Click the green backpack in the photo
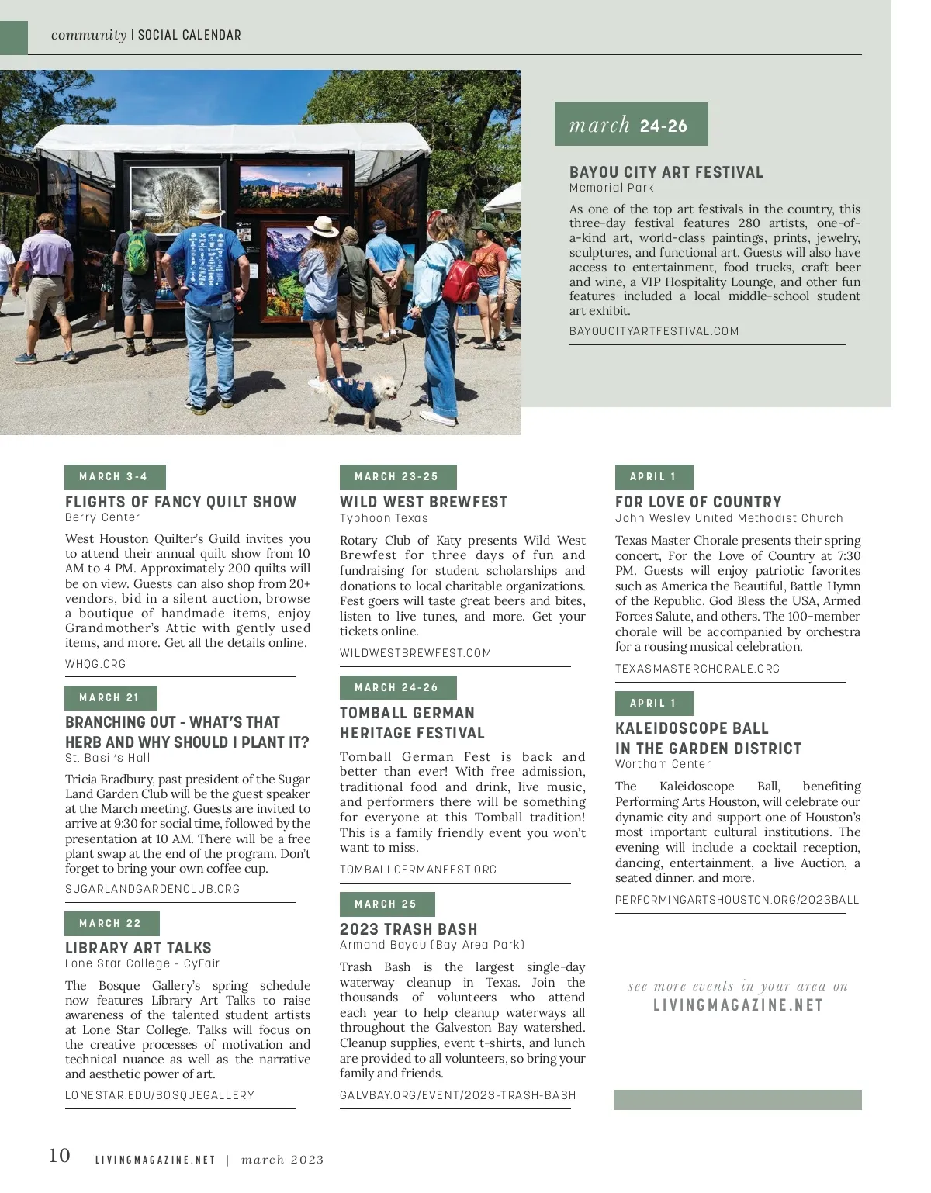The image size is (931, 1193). (x=137, y=247)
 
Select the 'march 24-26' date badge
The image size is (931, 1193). (x=631, y=124)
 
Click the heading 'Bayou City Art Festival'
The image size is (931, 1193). (x=666, y=172)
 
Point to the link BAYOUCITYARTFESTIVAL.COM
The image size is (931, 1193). (x=653, y=331)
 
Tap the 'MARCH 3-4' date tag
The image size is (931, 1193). (x=114, y=477)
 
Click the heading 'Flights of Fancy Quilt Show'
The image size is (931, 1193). (x=181, y=502)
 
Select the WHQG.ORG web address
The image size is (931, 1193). (x=95, y=664)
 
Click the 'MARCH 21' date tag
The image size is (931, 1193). (x=110, y=698)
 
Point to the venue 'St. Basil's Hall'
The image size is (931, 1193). (x=108, y=758)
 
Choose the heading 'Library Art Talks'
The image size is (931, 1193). (x=138, y=948)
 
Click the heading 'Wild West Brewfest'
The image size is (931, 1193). (x=424, y=502)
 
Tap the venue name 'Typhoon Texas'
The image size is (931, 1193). (x=384, y=518)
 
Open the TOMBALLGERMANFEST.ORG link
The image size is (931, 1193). (x=418, y=870)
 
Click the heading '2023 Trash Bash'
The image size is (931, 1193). (x=409, y=929)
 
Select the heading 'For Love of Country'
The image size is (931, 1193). (x=698, y=502)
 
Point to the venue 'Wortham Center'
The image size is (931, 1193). (x=663, y=764)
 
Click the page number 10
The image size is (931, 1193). (x=60, y=1156)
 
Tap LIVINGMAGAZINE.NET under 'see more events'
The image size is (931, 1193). (x=738, y=1005)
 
